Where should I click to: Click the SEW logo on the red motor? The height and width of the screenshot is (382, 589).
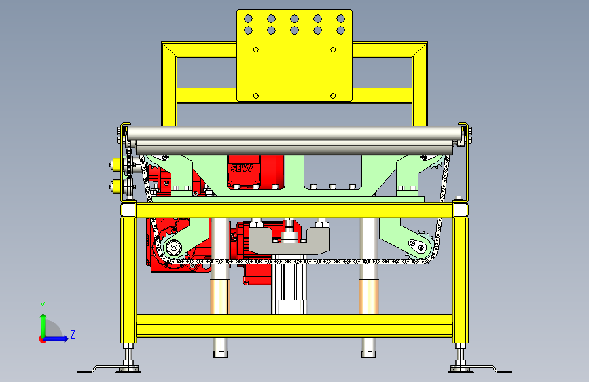242,168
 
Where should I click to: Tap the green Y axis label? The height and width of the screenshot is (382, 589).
43,305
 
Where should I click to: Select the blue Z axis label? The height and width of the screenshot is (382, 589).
73,334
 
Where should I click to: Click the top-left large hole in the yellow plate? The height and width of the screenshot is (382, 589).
248,18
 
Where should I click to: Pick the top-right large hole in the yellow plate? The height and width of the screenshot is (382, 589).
341,18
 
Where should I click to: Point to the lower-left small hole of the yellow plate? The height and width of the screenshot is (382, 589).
256,96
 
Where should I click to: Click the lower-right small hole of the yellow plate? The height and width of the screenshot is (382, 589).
333,96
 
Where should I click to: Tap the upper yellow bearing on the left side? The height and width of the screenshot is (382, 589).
116,164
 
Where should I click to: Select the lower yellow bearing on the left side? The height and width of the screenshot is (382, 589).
116,186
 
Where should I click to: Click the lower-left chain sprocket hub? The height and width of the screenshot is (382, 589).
173,247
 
